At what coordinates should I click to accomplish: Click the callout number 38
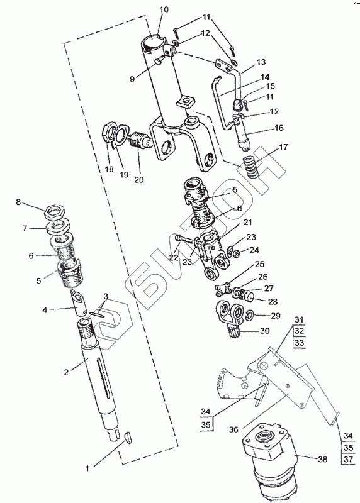pyautogui.click(x=322, y=460)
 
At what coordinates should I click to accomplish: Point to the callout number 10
pyautogui.click(x=164, y=9)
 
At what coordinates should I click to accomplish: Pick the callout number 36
pyautogui.click(x=233, y=429)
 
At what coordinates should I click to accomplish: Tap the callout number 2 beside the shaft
pyautogui.click(x=67, y=372)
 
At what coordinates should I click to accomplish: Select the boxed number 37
pyautogui.click(x=348, y=459)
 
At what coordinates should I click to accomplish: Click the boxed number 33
pyautogui.click(x=300, y=343)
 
